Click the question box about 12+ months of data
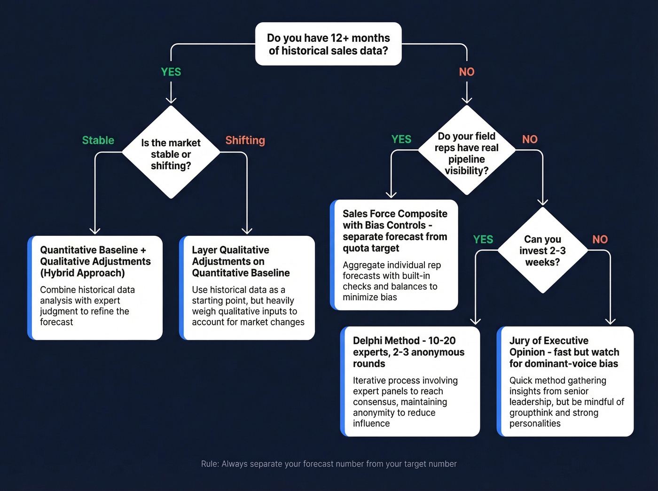[328, 44]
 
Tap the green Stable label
[98, 140]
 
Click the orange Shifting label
[245, 140]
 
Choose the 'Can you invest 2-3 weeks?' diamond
[542, 250]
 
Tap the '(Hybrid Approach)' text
[82, 273]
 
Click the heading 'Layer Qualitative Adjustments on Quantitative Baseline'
[241, 261]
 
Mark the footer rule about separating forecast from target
[329, 464]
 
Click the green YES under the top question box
[171, 72]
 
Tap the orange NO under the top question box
[467, 72]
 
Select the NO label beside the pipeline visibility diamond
[530, 139]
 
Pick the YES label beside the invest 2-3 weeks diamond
[483, 240]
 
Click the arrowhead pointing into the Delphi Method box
[476, 321]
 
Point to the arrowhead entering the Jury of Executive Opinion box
[610, 321]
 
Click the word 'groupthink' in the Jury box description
[531, 413]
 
